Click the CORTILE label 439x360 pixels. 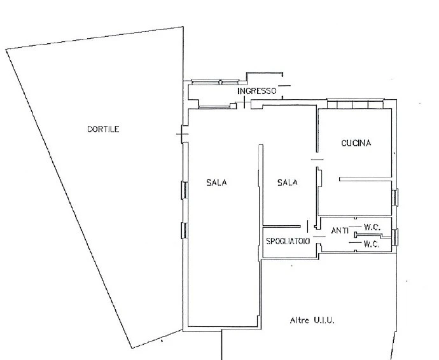(103, 129)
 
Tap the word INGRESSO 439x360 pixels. (257, 91)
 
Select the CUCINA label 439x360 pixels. (356, 143)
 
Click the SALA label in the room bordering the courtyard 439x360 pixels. (216, 183)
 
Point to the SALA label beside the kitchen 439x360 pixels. (287, 183)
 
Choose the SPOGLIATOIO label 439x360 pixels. (288, 241)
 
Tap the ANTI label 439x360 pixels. (340, 230)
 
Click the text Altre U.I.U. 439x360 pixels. (312, 320)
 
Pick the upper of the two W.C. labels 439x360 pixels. (372, 227)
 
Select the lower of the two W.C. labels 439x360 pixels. (372, 244)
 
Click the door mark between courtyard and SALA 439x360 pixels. (182, 134)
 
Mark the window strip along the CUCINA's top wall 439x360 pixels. (356, 104)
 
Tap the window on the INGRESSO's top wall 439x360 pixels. (215, 82)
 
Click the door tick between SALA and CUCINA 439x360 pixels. (317, 160)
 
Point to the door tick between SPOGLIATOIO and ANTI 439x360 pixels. (319, 237)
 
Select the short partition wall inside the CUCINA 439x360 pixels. (365, 179)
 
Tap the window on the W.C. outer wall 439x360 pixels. (394, 237)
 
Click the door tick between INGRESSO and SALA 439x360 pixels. (244, 102)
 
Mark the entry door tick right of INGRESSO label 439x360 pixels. (284, 86)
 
